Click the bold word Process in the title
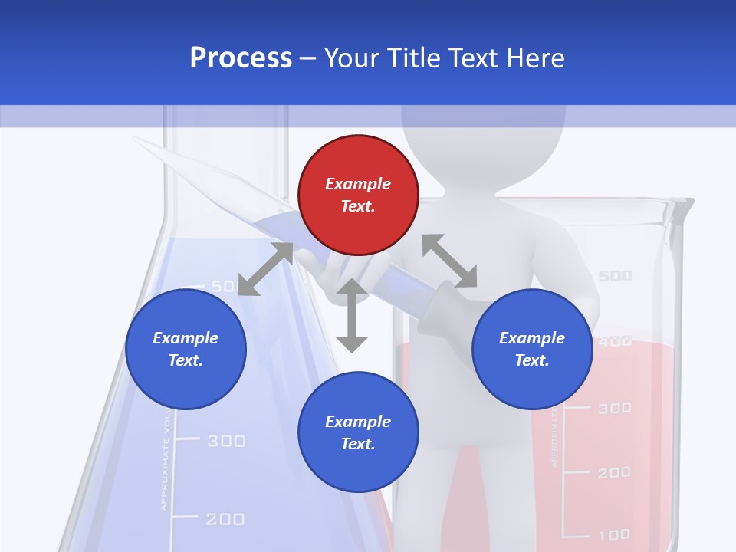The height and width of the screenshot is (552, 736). (x=241, y=58)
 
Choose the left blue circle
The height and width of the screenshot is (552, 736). (x=186, y=349)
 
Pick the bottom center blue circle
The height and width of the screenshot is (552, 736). (x=358, y=432)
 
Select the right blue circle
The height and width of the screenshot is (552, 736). (x=532, y=349)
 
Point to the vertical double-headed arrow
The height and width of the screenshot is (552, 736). (x=352, y=315)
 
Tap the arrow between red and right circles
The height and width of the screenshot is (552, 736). (x=449, y=261)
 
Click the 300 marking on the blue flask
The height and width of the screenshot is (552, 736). (x=226, y=441)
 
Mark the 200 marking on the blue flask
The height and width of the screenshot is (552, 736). (x=225, y=519)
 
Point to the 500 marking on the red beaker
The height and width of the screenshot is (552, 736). (x=614, y=276)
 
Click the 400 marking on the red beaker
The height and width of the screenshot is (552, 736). (x=615, y=341)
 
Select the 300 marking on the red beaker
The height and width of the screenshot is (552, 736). (x=614, y=409)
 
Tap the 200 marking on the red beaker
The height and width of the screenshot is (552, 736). (x=613, y=473)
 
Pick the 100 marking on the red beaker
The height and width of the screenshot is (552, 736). (x=613, y=534)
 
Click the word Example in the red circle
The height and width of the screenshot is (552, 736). (x=358, y=184)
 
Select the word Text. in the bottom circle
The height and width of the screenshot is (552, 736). (x=358, y=444)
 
